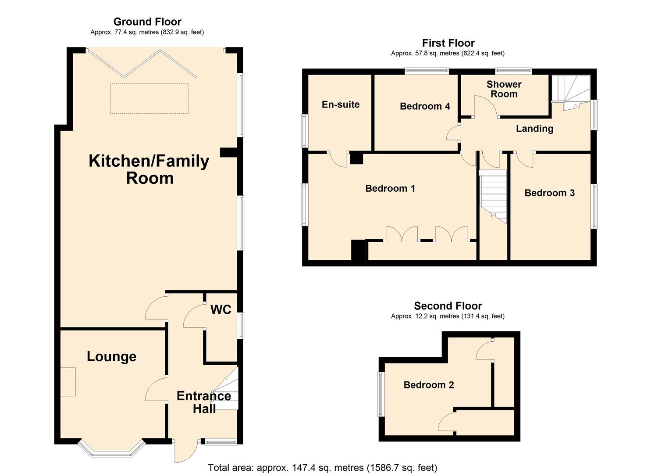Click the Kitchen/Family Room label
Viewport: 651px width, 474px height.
(x=149, y=169)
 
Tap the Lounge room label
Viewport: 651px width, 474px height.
(x=111, y=356)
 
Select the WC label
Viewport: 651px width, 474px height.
(x=221, y=310)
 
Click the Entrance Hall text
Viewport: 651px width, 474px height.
(x=203, y=402)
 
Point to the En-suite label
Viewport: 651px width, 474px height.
(x=341, y=104)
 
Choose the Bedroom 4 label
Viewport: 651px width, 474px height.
(x=425, y=106)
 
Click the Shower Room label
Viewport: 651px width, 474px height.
(x=504, y=89)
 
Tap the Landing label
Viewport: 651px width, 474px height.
(x=534, y=129)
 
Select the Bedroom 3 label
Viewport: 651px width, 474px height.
(x=549, y=193)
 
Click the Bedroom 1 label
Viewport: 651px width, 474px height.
(x=390, y=189)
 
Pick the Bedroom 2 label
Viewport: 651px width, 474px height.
(x=428, y=385)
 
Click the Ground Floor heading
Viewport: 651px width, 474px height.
(x=147, y=22)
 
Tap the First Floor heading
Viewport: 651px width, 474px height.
(x=448, y=43)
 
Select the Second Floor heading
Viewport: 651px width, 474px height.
(x=448, y=306)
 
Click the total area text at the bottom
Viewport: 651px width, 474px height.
(x=322, y=468)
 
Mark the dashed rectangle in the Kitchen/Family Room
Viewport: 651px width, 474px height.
(x=149, y=98)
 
